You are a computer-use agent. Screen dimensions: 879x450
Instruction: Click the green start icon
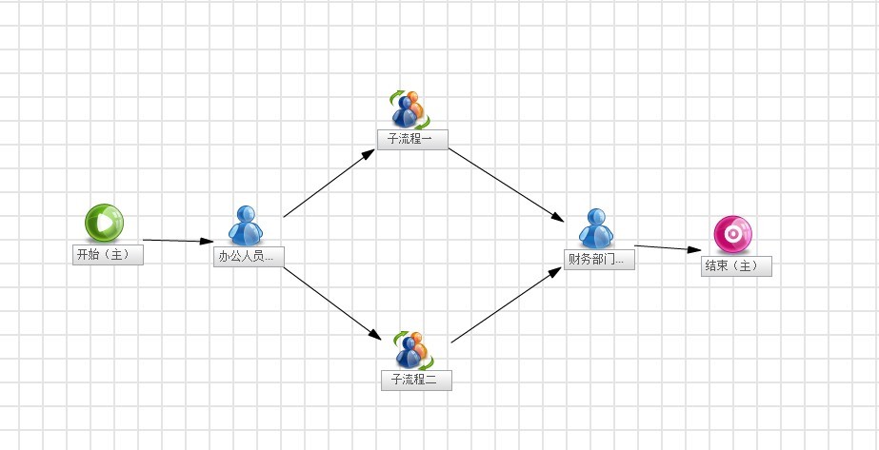tap(104, 223)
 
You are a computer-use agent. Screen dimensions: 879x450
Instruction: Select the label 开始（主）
tap(108, 255)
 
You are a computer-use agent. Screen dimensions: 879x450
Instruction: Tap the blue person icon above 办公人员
tap(246, 225)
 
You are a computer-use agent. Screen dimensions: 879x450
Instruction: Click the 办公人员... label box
tap(249, 257)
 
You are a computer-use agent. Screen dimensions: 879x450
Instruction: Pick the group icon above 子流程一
tap(410, 109)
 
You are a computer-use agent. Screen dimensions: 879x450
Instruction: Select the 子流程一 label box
tap(412, 139)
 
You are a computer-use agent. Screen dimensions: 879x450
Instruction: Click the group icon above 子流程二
tap(413, 350)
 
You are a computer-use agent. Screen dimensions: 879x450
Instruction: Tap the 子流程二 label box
tap(416, 380)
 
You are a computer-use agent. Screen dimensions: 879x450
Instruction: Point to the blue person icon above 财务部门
tap(596, 228)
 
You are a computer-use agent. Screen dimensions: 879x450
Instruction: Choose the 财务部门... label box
tap(599, 260)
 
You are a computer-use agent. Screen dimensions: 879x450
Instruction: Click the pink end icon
tap(732, 235)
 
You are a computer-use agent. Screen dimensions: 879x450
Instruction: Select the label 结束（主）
tap(736, 265)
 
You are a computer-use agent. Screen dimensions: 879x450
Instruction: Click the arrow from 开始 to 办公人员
tap(178, 241)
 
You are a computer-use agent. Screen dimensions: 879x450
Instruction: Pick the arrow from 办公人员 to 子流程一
tap(330, 183)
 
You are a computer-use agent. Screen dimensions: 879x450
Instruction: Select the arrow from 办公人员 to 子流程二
tap(331, 303)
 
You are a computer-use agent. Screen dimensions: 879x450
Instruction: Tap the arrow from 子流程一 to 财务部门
tap(507, 185)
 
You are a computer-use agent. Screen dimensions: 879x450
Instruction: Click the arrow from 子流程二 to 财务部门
tap(507, 304)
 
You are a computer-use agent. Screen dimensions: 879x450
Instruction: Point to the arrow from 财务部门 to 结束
tap(668, 248)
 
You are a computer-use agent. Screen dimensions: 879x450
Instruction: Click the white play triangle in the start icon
tap(104, 223)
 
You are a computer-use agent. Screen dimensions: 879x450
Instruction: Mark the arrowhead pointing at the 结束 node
tap(695, 249)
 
